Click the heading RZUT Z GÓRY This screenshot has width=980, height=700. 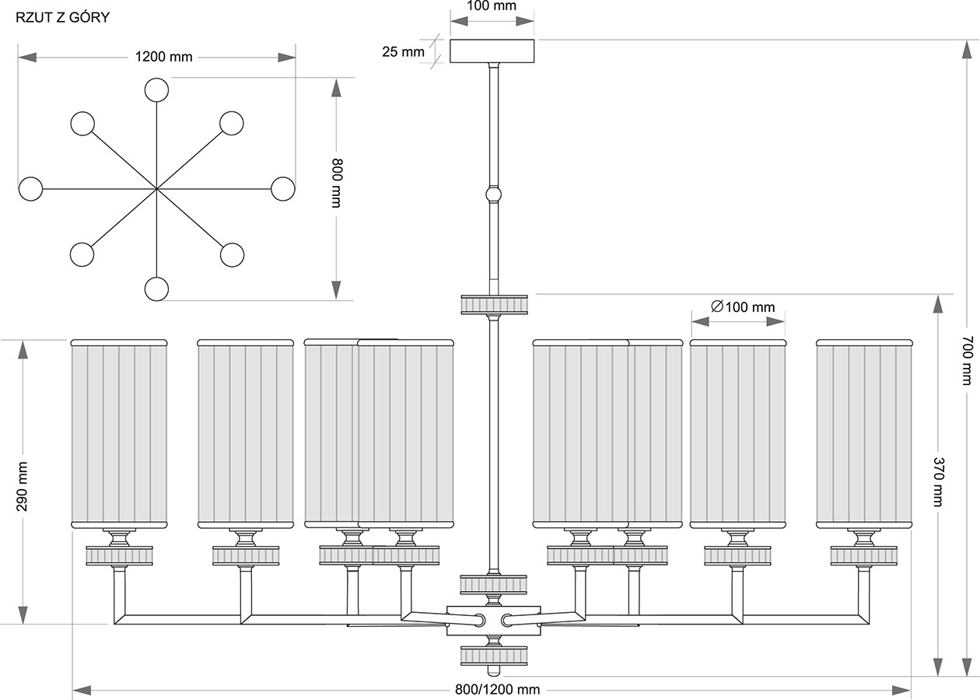tap(62, 17)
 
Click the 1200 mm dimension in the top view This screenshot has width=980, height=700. tap(163, 57)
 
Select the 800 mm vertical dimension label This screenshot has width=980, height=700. tap(337, 183)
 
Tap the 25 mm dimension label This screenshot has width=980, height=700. tap(403, 51)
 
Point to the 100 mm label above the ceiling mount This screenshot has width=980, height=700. tap(492, 6)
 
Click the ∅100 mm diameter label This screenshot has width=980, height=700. tap(743, 306)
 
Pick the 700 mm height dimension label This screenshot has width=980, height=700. tap(967, 361)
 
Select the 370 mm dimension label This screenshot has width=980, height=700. tap(937, 482)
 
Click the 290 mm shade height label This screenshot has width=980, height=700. tap(22, 487)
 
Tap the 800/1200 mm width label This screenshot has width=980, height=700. tap(498, 690)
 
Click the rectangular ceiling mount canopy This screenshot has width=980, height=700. tap(492, 51)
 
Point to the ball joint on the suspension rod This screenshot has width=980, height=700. tap(493, 194)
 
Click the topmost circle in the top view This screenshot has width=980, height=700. tap(156, 90)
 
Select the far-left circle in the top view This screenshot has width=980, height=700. tap(30, 189)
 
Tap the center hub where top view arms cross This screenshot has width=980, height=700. tap(156, 189)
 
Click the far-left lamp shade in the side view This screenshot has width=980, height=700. tap(119, 434)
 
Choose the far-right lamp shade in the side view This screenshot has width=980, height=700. tap(865, 434)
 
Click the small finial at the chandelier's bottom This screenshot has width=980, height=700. tap(493, 670)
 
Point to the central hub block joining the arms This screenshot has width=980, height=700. tap(493, 621)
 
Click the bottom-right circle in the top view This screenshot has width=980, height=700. tap(232, 254)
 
